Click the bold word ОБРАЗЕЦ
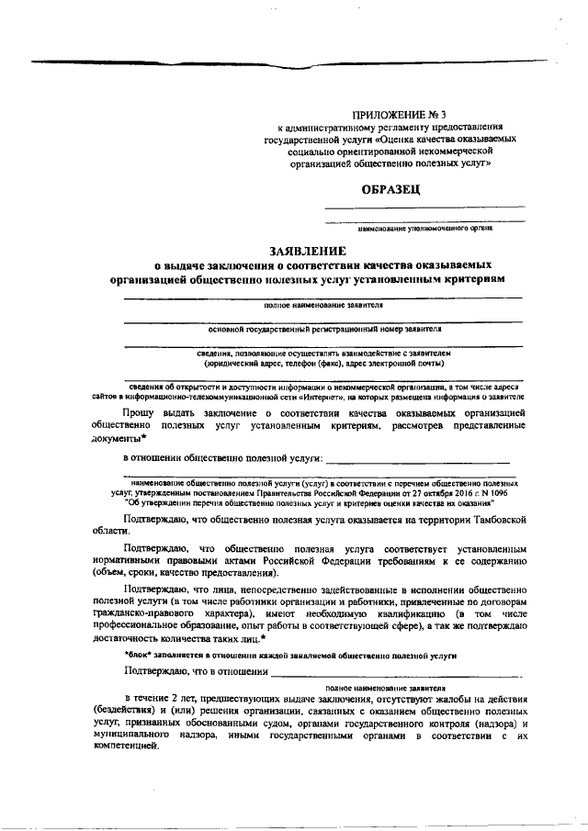(x=392, y=189)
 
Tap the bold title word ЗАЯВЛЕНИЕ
(x=307, y=250)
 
